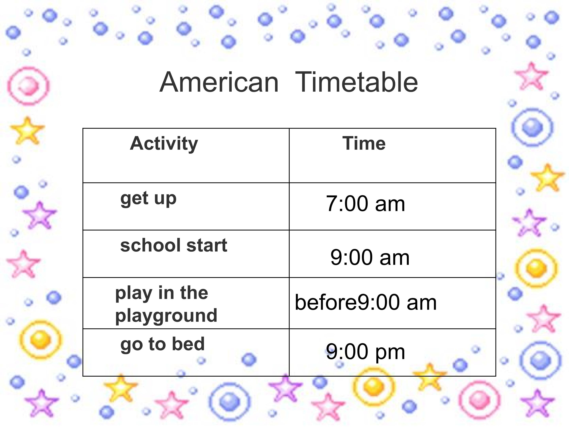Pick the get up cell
point(148,199)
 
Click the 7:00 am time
point(366,204)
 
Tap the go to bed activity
point(163,344)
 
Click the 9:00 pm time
point(366,352)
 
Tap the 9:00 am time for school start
point(370,257)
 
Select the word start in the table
point(207,245)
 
